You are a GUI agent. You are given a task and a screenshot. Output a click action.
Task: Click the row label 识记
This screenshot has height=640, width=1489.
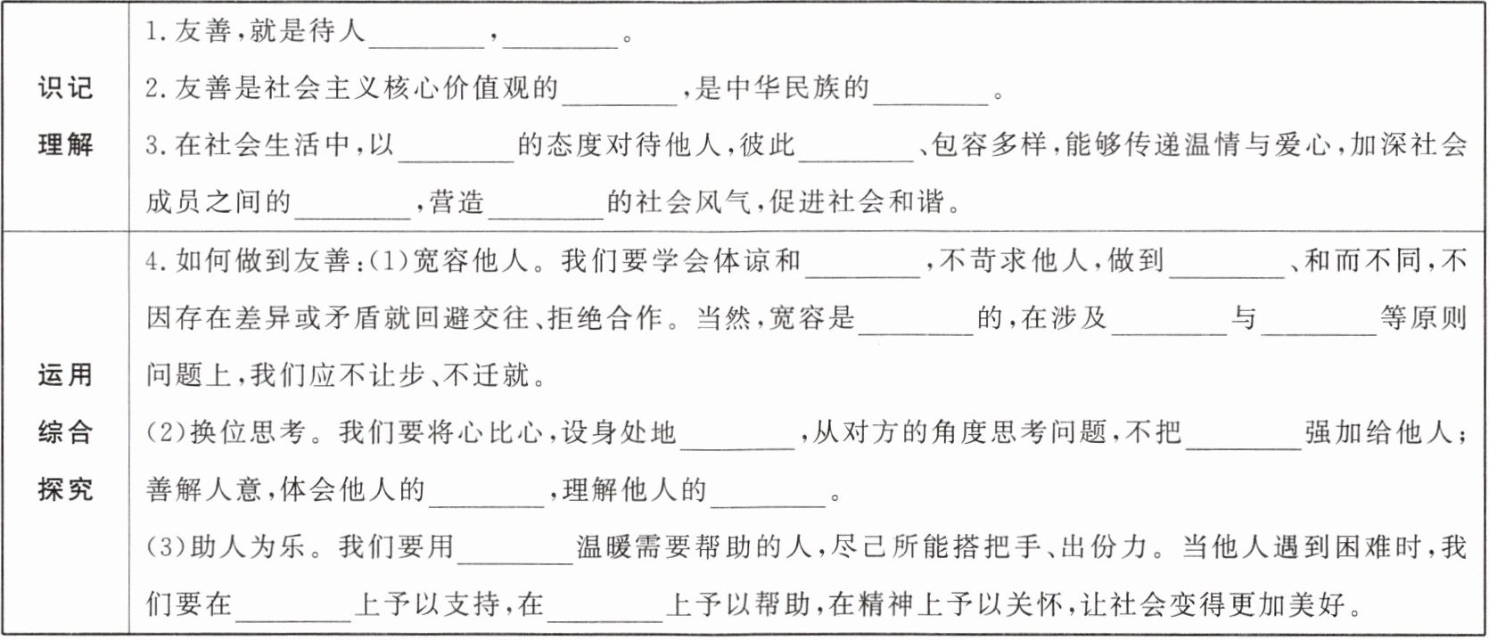[x=65, y=87]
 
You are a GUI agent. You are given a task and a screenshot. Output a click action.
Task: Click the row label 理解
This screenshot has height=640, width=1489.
[x=65, y=144]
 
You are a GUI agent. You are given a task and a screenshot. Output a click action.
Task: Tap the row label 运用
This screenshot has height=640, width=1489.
[x=65, y=374]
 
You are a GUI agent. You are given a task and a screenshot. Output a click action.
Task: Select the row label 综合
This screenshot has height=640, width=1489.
[x=65, y=432]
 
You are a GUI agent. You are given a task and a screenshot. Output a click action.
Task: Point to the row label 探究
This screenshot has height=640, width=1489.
[x=65, y=489]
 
